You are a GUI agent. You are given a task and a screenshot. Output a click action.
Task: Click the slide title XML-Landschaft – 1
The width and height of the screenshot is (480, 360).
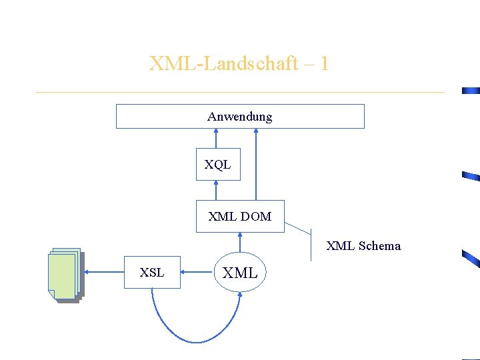239,64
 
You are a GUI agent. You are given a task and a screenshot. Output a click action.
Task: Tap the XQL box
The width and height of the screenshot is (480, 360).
217,165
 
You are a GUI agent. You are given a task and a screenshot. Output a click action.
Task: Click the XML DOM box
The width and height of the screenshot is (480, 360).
240,216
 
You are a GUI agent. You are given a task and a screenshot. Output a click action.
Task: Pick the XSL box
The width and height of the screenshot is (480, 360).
152,272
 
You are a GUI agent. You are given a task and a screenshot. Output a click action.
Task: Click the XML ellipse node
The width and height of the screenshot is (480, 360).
240,272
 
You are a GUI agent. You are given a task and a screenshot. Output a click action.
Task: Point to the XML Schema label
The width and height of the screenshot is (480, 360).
363,246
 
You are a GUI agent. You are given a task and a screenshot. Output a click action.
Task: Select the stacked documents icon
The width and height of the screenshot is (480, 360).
65,275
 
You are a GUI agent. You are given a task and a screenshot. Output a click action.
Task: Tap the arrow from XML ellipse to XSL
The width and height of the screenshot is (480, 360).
197,271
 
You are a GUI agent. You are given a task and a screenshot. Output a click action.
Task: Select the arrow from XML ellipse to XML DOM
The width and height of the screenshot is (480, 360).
240,241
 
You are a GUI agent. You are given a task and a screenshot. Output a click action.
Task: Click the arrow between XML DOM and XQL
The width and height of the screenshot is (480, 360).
216,190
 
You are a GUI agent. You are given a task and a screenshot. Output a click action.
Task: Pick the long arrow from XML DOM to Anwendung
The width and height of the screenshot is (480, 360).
256,164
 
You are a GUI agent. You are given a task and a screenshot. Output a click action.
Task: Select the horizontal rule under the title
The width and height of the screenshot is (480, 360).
240,92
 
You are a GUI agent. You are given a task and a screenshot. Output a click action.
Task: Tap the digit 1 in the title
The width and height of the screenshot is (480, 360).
324,64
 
